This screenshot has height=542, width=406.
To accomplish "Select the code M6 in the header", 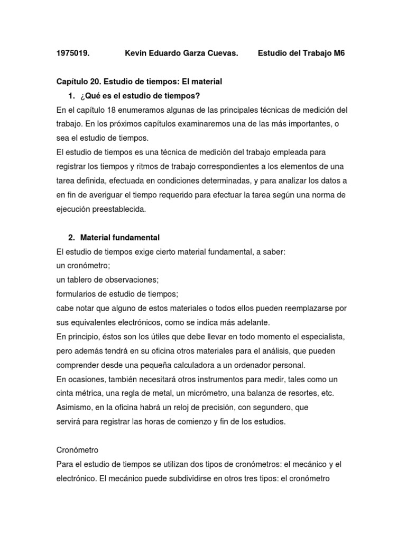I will click(x=339, y=53).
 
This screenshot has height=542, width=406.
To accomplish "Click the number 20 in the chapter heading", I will click(x=95, y=82).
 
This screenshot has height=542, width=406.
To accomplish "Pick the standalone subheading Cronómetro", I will click(x=77, y=450).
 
